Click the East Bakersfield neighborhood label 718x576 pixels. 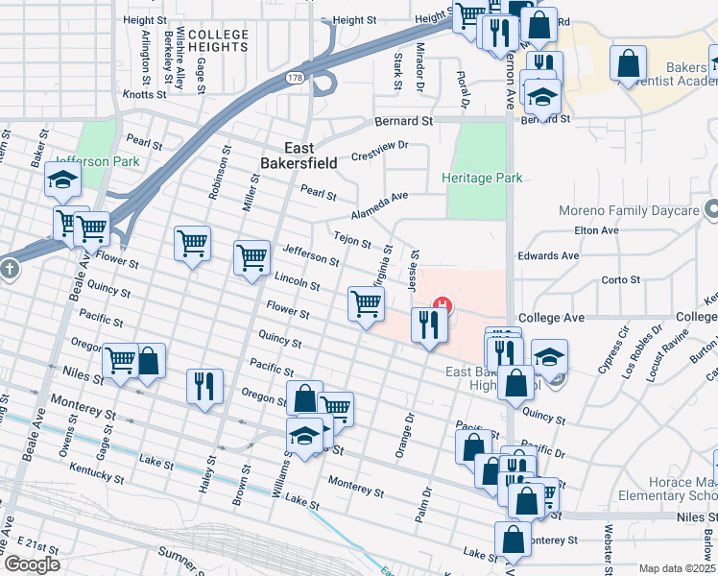click(x=298, y=156)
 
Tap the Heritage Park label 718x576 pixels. click(x=481, y=178)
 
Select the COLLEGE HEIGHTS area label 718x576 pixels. click(x=218, y=40)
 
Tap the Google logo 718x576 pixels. click(x=31, y=564)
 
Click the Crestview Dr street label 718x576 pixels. click(x=379, y=151)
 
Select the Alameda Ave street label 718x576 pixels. click(x=379, y=203)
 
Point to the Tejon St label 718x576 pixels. click(x=352, y=239)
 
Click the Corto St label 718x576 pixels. click(x=620, y=280)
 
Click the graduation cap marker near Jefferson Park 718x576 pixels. click(x=62, y=180)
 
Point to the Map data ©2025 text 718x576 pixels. click(x=676, y=568)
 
